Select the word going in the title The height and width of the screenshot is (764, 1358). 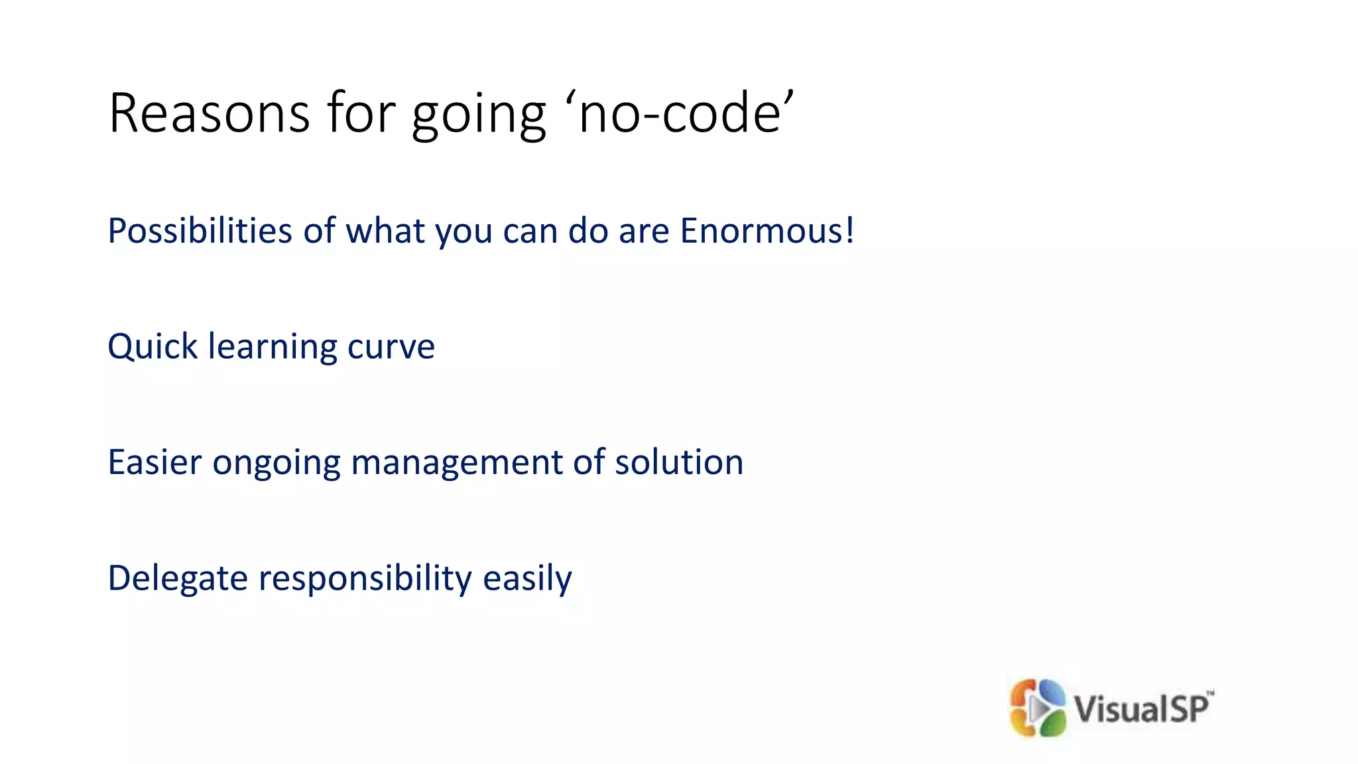click(x=479, y=114)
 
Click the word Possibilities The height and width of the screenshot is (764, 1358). click(x=200, y=231)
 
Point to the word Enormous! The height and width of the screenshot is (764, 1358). click(x=767, y=231)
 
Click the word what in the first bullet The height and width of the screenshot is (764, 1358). click(x=385, y=231)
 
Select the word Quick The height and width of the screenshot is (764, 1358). click(x=153, y=346)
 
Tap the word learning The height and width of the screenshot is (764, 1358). click(x=273, y=348)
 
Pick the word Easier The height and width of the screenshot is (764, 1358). click(x=154, y=462)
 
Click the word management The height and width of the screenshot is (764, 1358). click(x=456, y=463)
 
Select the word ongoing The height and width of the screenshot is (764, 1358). click(x=276, y=463)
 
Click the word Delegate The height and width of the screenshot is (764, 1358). click(x=177, y=578)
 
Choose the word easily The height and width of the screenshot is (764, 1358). click(x=527, y=578)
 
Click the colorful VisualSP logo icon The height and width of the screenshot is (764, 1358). click(x=1037, y=708)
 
